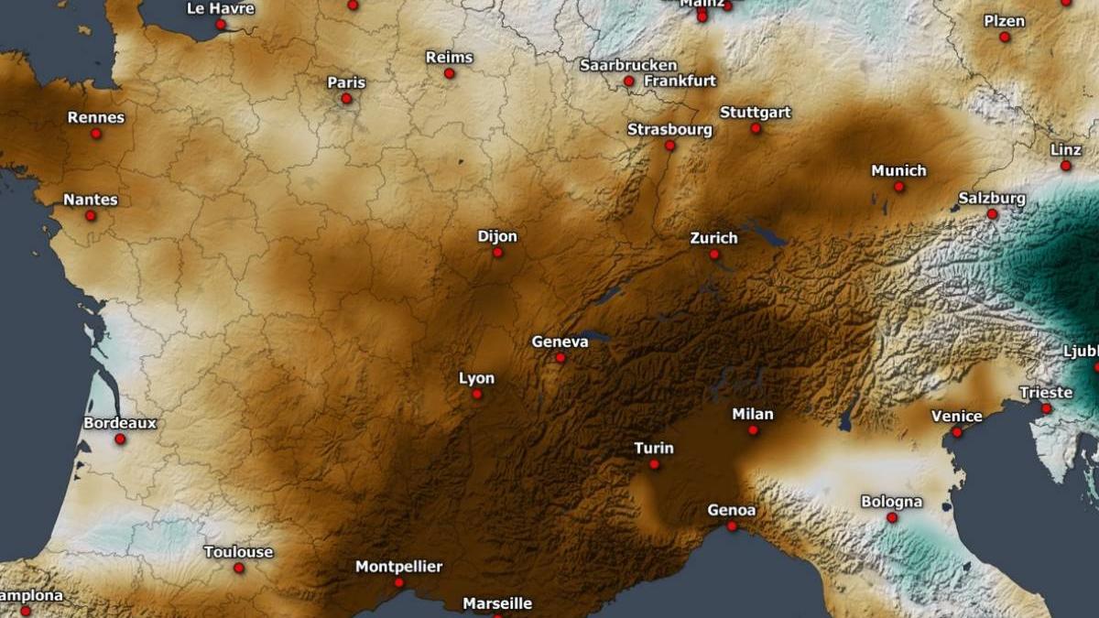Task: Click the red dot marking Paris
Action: tap(346, 98)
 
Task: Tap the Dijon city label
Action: tap(497, 236)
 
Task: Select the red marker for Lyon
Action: tap(477, 394)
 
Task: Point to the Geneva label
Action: tap(560, 342)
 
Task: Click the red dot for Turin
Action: tap(654, 464)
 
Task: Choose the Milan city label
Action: tap(753, 414)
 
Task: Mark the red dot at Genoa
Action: tap(732, 526)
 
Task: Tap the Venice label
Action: tap(956, 416)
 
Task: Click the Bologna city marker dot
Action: tap(892, 517)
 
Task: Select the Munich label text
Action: tap(898, 170)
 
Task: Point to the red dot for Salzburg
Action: tap(992, 213)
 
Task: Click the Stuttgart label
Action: tap(756, 113)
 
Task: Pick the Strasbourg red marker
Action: tap(669, 146)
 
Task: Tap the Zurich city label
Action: tap(713, 238)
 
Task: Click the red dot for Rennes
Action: tap(96, 134)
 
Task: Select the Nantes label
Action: tap(91, 200)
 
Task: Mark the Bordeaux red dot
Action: tap(120, 439)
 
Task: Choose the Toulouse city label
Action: tap(238, 552)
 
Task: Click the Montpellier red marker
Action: tap(399, 582)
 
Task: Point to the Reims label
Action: tap(450, 58)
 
